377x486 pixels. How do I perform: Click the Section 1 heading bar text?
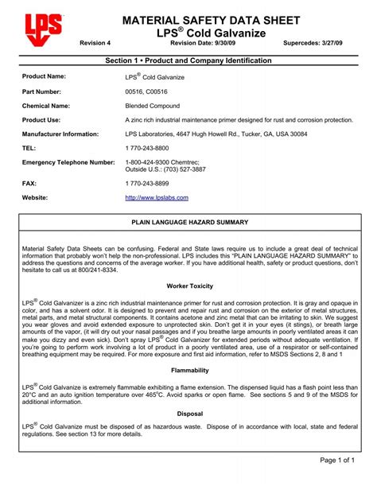point(189,60)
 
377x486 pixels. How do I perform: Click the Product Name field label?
point(44,76)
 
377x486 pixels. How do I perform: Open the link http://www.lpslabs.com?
point(157,197)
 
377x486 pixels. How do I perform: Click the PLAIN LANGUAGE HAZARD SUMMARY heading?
point(189,222)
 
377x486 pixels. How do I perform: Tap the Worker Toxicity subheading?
point(189,286)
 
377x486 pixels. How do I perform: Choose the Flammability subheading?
point(189,371)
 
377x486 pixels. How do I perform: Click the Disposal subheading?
point(189,414)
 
